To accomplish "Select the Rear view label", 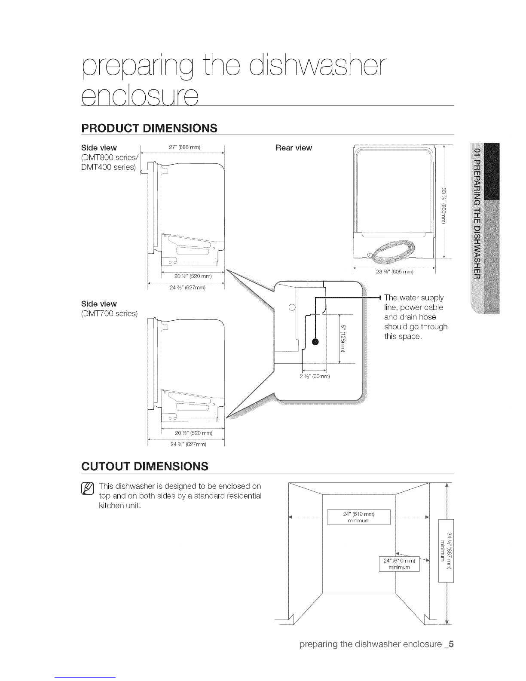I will click(294, 148).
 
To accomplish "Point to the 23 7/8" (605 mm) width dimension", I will click(394, 271).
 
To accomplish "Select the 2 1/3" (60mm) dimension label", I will click(314, 377).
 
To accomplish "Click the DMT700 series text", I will click(109, 313).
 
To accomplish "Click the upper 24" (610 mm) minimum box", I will click(358, 517).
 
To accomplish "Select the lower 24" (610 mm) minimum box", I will click(399, 564).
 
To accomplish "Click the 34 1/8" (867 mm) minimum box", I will click(446, 551).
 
